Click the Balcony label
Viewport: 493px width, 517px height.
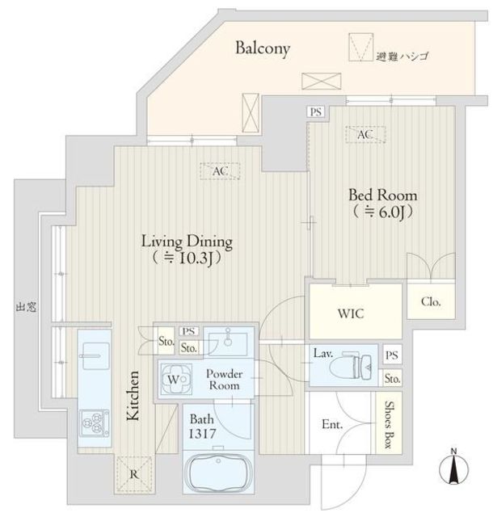(x=263, y=48)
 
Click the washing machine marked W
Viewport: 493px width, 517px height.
(x=176, y=380)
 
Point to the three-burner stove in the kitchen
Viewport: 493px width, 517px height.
(x=95, y=423)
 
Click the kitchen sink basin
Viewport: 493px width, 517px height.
(x=95, y=356)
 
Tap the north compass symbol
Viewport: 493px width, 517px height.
(x=454, y=467)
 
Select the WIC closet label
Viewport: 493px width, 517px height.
(x=351, y=313)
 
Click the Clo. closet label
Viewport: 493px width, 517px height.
(x=431, y=301)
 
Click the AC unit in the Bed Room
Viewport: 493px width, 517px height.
(x=365, y=135)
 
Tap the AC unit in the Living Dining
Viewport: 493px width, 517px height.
(x=220, y=171)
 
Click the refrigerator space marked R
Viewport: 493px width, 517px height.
(x=134, y=474)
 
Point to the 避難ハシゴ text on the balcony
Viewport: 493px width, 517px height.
(x=402, y=57)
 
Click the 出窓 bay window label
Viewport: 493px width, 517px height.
(x=26, y=307)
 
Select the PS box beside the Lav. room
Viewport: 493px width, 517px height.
(x=392, y=355)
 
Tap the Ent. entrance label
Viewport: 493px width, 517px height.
(x=332, y=425)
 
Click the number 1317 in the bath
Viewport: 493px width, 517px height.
(x=202, y=434)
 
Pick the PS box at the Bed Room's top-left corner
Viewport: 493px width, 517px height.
(x=316, y=111)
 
